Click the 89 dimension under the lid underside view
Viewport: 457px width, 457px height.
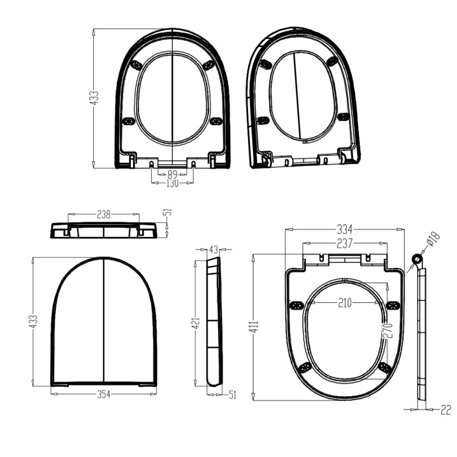[x=172, y=174]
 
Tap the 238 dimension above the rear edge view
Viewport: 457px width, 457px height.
[x=104, y=214]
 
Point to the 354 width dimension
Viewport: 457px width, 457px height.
[x=104, y=395]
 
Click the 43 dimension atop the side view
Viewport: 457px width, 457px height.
[x=213, y=250]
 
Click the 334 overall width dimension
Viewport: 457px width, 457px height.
[x=345, y=230]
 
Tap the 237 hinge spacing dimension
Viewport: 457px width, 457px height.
[x=345, y=243]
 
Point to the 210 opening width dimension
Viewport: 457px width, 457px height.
[x=345, y=303]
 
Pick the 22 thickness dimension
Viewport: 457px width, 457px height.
[x=445, y=411]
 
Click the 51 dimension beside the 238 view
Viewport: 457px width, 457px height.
[x=168, y=212]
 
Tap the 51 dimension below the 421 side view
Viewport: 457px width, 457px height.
[x=232, y=395]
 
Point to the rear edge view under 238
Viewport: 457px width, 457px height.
[x=104, y=230]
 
